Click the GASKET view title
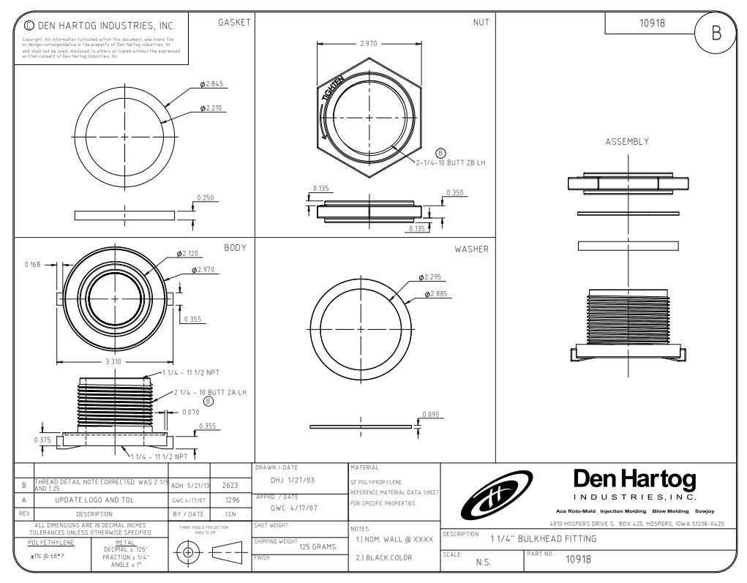[234, 23]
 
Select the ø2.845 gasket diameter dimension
[212, 84]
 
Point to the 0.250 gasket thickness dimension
[205, 198]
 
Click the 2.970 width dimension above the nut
[369, 44]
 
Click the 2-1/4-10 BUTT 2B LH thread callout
[451, 162]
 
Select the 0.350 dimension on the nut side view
[454, 193]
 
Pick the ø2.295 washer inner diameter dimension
[432, 277]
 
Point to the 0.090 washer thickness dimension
[432, 415]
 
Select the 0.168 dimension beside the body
[32, 265]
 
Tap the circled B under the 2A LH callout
[209, 401]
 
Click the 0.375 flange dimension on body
[42, 440]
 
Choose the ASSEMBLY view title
[626, 142]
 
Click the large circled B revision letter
[716, 33]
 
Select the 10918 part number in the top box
[652, 23]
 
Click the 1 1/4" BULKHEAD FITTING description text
[543, 538]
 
